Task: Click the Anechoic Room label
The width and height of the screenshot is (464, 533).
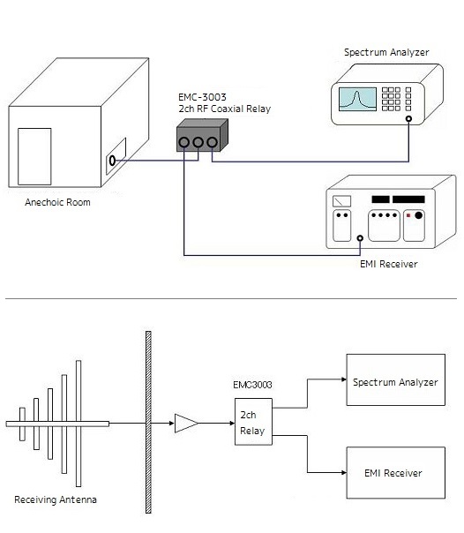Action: click(x=57, y=202)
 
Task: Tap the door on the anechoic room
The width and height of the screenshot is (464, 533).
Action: click(x=34, y=156)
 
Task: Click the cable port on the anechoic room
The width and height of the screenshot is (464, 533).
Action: click(x=112, y=161)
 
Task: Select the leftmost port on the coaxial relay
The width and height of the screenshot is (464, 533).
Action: click(x=183, y=142)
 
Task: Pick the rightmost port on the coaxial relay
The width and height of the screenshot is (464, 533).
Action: click(x=213, y=142)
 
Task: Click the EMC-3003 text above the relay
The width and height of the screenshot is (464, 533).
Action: click(x=202, y=98)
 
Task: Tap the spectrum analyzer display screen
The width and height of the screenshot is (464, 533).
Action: click(x=357, y=99)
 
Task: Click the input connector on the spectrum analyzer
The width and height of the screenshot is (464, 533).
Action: click(x=408, y=118)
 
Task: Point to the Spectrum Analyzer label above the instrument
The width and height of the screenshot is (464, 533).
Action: click(x=386, y=52)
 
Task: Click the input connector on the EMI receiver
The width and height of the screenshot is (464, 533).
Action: click(x=360, y=238)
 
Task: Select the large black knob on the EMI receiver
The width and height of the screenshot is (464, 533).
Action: click(x=419, y=215)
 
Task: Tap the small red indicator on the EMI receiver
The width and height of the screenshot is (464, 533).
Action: click(x=408, y=215)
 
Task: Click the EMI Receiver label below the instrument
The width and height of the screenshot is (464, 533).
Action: click(x=389, y=264)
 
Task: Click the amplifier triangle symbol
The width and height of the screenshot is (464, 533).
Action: click(x=186, y=424)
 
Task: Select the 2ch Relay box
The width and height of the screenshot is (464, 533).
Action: click(x=253, y=422)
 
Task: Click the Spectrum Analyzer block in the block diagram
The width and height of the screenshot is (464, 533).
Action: click(x=396, y=379)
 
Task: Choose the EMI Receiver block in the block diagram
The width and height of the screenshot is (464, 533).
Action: click(x=396, y=473)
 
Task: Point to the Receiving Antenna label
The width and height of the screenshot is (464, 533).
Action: click(x=56, y=499)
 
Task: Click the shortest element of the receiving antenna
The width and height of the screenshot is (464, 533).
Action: click(x=22, y=424)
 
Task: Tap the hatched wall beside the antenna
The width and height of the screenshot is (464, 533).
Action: click(x=148, y=422)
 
